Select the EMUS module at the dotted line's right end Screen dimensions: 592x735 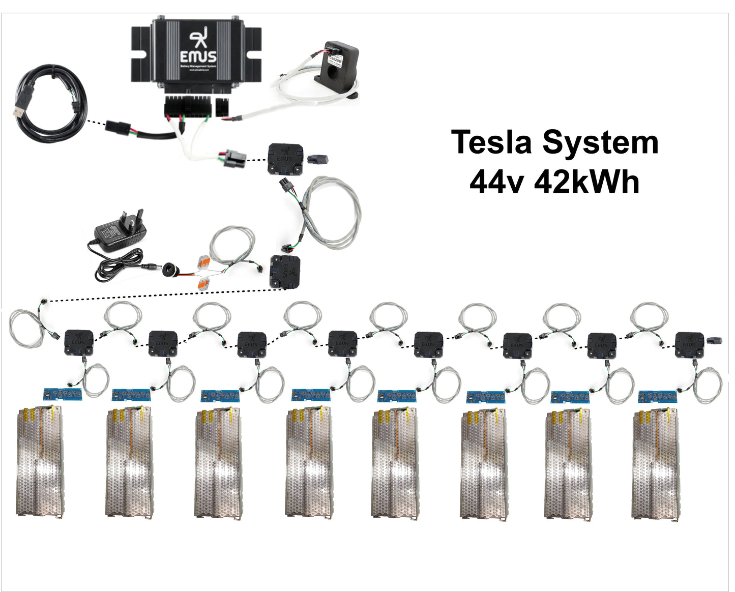(285, 272)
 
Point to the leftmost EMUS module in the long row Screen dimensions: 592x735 (79, 342)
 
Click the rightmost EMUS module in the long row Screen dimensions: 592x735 (689, 344)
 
